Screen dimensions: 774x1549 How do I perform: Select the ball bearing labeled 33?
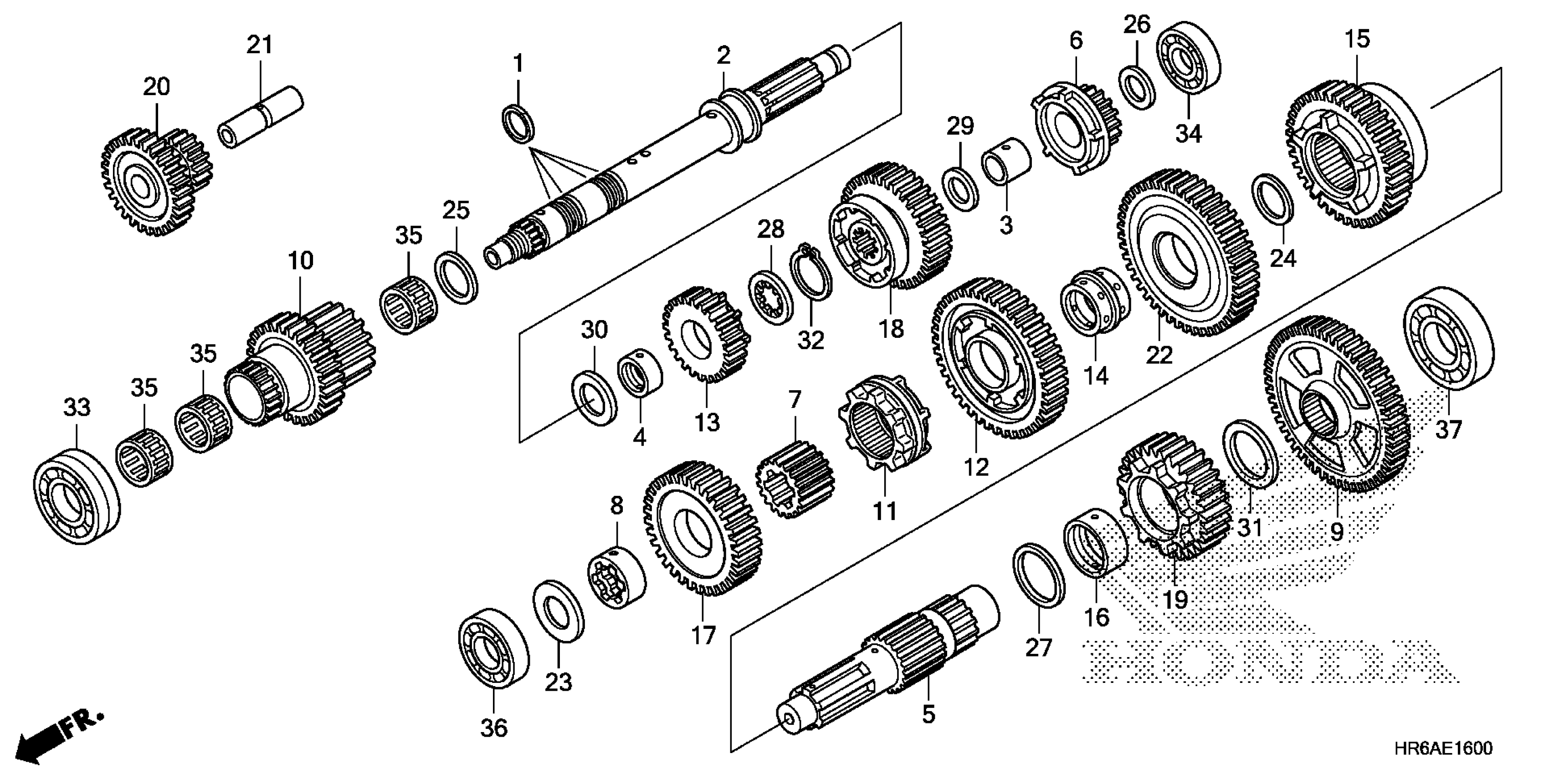(77, 496)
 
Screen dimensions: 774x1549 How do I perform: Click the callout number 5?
(928, 714)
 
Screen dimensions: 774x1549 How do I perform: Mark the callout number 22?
(1159, 355)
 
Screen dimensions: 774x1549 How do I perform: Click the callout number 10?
(300, 261)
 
